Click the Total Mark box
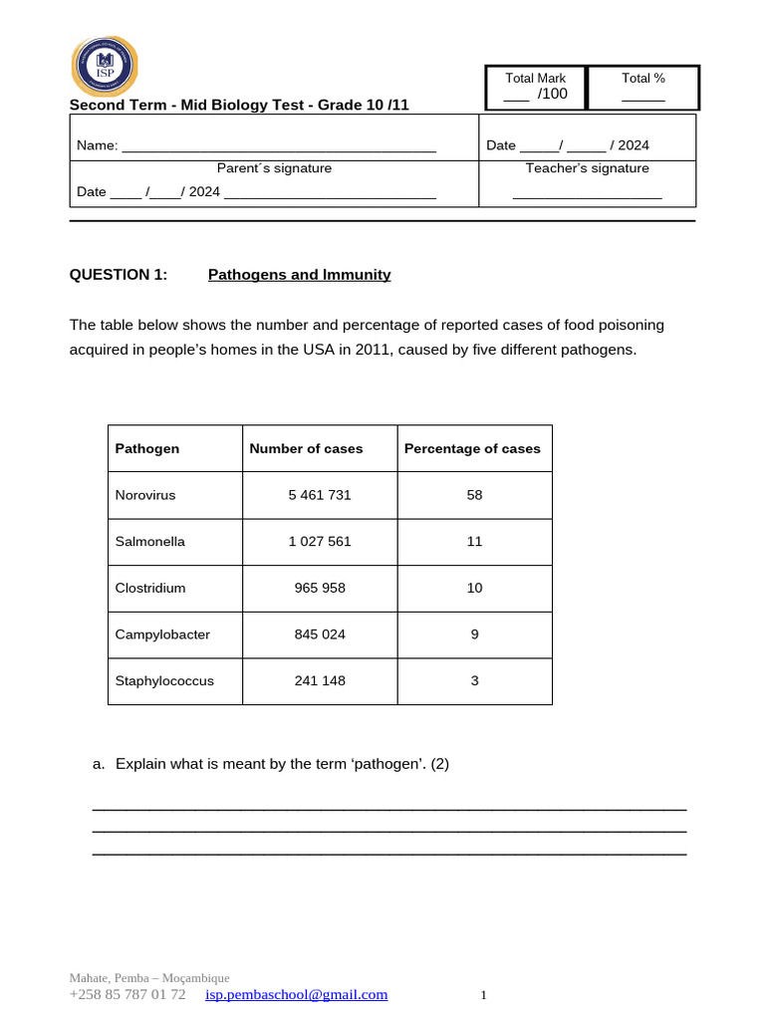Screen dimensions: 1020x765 (536, 87)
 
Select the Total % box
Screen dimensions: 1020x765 (642, 87)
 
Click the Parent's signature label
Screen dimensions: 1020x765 (274, 168)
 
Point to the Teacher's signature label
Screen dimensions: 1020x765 (587, 168)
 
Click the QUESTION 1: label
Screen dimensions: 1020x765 (119, 275)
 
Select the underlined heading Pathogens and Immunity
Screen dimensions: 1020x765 (299, 275)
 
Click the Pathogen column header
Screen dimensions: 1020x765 (147, 448)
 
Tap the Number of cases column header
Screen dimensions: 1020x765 (306, 448)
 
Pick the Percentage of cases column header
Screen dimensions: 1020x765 (472, 448)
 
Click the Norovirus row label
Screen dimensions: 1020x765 (145, 495)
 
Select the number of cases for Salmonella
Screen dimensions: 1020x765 (320, 542)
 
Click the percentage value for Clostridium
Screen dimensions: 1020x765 (474, 588)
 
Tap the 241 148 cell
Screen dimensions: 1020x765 (320, 681)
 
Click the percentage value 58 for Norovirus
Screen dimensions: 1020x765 (474, 495)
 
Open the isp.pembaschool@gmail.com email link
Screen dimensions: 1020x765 (296, 994)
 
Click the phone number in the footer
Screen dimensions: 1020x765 (127, 994)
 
